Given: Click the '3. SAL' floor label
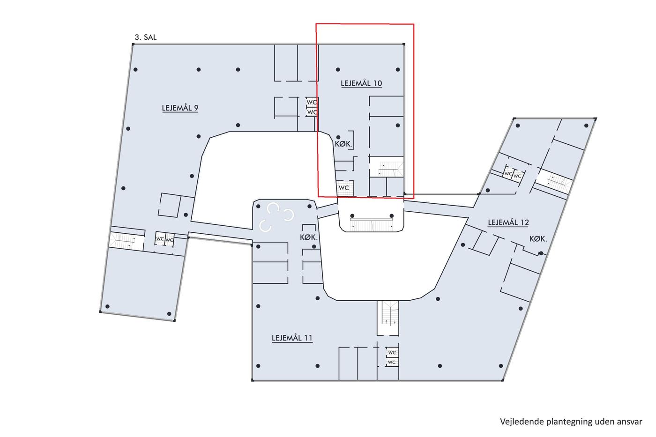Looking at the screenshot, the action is (146, 37).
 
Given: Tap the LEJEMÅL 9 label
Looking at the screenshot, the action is (180, 108).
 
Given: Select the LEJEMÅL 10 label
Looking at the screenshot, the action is (361, 83).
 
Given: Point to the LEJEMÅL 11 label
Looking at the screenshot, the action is (292, 338).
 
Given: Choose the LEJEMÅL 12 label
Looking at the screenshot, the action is (508, 222).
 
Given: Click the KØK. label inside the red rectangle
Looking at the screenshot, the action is (343, 144).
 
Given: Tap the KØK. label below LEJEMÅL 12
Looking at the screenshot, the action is (538, 239).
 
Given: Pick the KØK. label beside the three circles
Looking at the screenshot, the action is (309, 237).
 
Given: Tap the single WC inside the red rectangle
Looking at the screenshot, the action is (344, 188).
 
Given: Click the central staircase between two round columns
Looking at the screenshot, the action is (371, 223).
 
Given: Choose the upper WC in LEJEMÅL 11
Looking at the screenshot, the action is (392, 352).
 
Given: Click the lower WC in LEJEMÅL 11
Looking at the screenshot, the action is (392, 363).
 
